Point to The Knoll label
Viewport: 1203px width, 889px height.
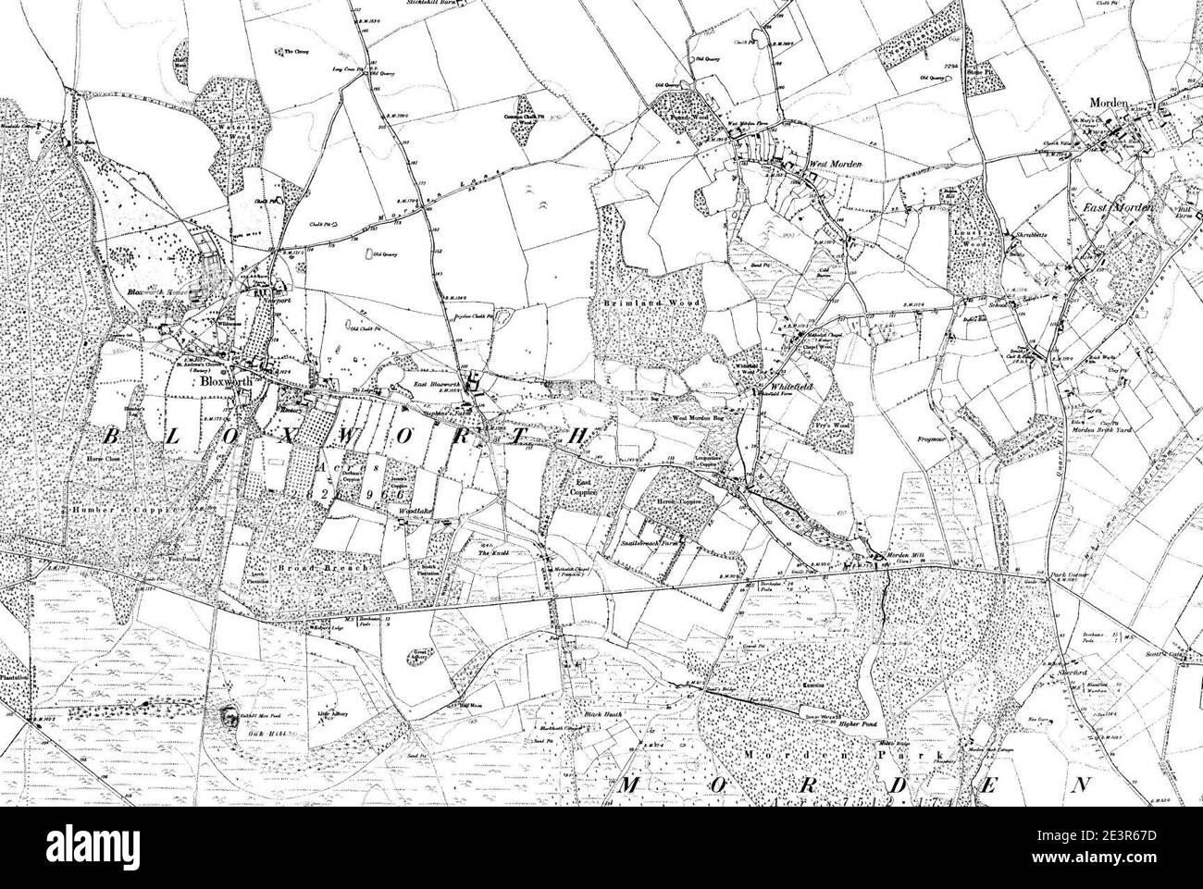(x=488, y=553)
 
